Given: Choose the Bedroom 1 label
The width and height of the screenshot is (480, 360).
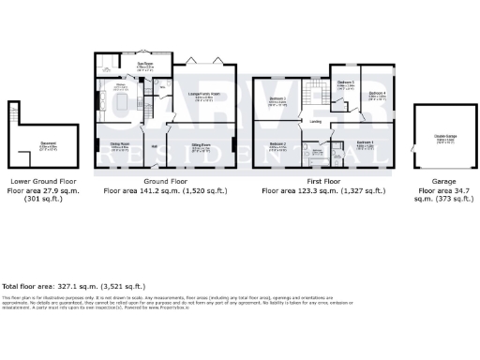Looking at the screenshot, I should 366,142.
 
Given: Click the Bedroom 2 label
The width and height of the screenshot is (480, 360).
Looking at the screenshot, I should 277,143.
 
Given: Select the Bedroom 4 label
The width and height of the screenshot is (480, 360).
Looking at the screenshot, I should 377,94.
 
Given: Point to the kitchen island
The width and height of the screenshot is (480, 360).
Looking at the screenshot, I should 126,101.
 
